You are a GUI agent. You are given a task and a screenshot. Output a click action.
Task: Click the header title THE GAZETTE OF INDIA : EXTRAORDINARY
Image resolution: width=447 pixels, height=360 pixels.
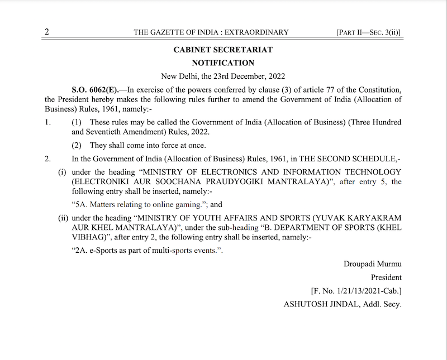click(x=211, y=32)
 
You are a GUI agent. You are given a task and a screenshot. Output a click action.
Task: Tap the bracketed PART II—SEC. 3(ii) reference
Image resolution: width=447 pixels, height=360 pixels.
click(x=369, y=32)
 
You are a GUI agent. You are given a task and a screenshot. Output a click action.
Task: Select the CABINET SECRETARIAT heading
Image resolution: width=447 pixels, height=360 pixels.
click(x=223, y=50)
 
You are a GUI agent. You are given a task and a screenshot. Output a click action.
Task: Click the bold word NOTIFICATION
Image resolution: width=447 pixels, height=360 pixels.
click(x=223, y=63)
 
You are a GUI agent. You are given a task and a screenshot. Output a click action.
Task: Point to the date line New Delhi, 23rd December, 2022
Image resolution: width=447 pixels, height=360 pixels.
click(x=223, y=76)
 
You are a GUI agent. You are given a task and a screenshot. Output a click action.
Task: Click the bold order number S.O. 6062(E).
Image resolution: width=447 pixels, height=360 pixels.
click(x=91, y=89)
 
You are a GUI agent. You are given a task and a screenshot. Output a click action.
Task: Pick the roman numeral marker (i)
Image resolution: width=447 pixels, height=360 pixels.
click(x=63, y=172)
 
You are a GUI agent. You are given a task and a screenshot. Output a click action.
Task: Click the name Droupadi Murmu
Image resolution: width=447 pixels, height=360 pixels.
click(x=373, y=264)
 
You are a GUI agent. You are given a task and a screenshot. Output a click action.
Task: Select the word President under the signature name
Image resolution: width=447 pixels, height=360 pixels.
click(x=386, y=277)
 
